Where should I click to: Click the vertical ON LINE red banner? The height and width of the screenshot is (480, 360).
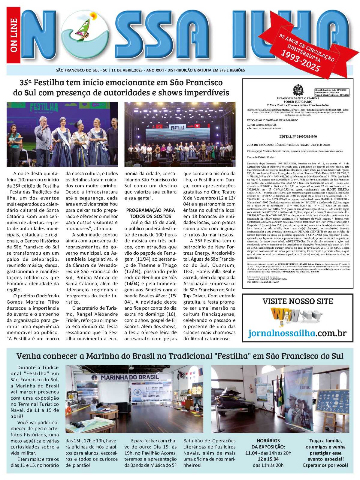coord(14,35)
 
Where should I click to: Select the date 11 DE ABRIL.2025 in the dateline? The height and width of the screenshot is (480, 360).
coord(127,70)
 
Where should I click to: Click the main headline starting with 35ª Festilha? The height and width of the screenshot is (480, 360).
coord(121,87)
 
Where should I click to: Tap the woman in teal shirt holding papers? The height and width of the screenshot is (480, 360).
coord(14,144)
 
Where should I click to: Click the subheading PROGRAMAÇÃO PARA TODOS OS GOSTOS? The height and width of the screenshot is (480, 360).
coord(150,213)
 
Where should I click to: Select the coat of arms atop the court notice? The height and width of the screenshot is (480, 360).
coord(298,90)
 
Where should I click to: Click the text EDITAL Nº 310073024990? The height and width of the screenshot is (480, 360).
coord(298,136)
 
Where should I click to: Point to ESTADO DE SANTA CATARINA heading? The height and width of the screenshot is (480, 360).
coord(298,98)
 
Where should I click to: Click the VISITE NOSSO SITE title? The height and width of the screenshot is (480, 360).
coord(298,301)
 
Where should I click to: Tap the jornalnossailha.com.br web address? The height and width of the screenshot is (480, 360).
coord(297,333)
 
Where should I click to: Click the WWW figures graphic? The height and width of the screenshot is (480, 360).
coord(296,316)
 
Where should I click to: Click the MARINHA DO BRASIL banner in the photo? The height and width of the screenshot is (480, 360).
coord(130,377)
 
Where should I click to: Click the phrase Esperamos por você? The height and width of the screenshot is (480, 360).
coord(325,465)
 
